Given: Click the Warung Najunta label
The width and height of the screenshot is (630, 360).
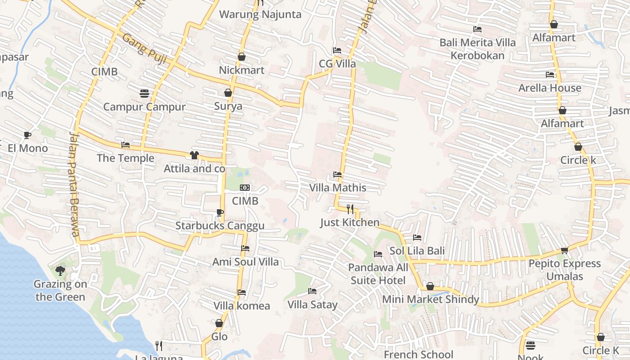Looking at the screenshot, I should (x=260, y=14).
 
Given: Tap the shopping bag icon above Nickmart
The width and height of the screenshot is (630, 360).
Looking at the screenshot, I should (x=242, y=57).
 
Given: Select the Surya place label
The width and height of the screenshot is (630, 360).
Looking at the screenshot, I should (x=228, y=106).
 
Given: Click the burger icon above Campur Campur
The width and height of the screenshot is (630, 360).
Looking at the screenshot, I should (x=144, y=94).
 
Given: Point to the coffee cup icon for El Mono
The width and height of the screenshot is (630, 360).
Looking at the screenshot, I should (x=27, y=135).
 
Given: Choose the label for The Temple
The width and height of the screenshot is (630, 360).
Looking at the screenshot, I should (x=126, y=158).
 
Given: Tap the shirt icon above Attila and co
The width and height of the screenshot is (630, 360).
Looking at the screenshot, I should (x=194, y=155).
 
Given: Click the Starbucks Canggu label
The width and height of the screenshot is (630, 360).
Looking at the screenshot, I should (x=220, y=225).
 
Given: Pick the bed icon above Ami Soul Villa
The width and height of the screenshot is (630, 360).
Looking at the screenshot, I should (x=245, y=248).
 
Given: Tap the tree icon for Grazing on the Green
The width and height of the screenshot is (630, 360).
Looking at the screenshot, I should (x=60, y=270).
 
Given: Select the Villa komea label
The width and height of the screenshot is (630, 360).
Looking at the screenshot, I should (x=242, y=306).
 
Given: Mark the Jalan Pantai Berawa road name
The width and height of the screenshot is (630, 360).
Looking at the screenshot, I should (x=74, y=184).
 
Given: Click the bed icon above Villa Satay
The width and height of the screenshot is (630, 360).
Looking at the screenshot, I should (x=312, y=291).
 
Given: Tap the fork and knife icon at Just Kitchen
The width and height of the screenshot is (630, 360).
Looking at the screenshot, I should (x=350, y=209).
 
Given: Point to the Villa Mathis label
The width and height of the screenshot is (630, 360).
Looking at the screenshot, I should (x=337, y=188).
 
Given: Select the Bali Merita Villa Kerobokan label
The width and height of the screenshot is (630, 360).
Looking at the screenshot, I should (x=477, y=49).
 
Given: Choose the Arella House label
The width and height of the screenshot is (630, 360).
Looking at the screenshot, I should (x=549, y=88).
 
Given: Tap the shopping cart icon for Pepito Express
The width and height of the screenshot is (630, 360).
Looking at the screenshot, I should (x=564, y=250).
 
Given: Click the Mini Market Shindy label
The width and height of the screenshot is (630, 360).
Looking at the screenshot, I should (x=430, y=299).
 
